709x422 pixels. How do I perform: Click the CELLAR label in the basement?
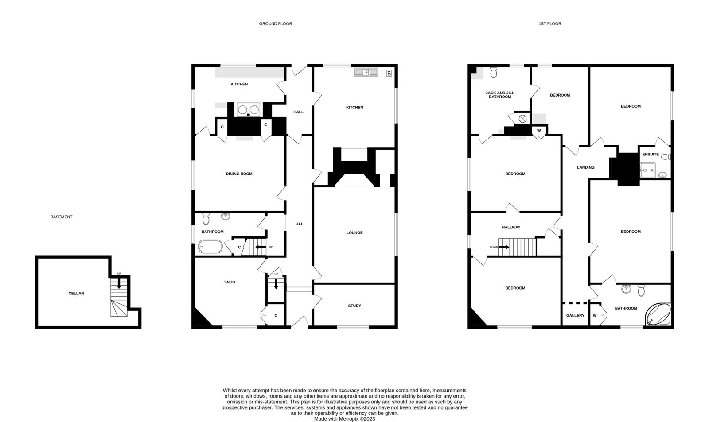click(76, 294)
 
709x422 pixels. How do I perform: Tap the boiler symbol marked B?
click(389, 74)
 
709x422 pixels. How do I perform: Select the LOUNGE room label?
click(354, 233)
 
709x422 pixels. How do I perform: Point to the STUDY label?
click(354, 306)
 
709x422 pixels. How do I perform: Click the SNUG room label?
click(230, 282)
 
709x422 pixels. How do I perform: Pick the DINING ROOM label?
click(239, 174)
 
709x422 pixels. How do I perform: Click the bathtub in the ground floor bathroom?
click(210, 247)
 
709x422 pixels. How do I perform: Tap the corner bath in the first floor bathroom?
click(658, 314)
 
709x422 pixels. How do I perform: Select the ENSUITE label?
click(651, 155)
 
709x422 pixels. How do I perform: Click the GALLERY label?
click(575, 315)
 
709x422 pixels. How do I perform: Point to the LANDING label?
click(585, 167)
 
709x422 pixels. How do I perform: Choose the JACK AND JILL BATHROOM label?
click(500, 95)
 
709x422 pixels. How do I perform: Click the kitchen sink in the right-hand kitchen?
click(366, 73)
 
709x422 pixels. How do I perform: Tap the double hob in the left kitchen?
click(248, 110)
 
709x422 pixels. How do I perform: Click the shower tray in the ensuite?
click(647, 170)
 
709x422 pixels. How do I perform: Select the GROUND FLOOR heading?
click(275, 24)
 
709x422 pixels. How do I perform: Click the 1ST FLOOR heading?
click(550, 24)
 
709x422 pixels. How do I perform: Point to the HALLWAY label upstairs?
click(511, 227)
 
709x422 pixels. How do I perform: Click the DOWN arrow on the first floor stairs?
click(503, 247)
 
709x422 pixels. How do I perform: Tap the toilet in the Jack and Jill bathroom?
click(494, 73)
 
